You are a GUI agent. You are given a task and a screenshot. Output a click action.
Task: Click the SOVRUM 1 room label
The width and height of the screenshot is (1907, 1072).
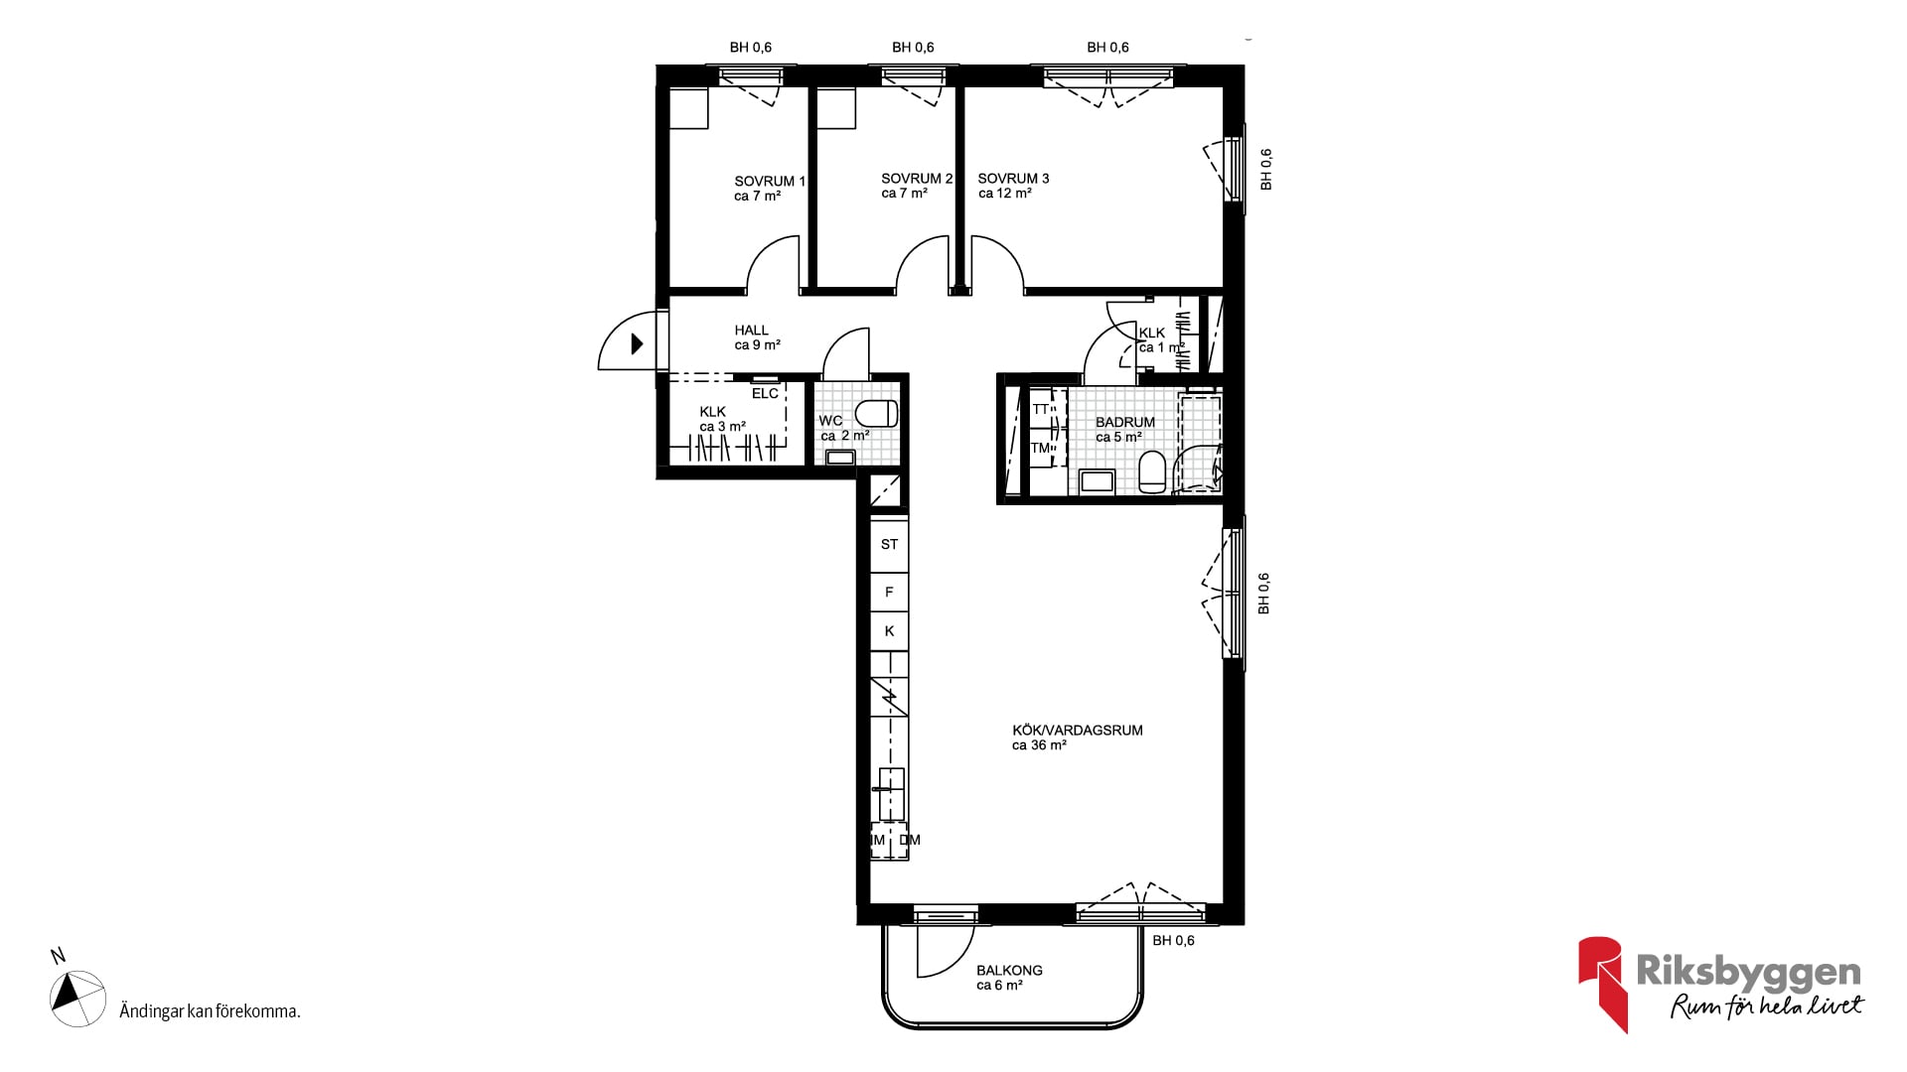pyautogui.click(x=770, y=182)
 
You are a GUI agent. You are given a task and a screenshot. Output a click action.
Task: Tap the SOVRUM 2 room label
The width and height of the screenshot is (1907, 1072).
pyautogui.click(x=917, y=179)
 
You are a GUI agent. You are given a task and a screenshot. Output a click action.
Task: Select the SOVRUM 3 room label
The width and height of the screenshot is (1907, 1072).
pyautogui.click(x=1013, y=179)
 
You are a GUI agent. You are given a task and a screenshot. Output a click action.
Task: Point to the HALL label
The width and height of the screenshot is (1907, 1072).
pyautogui.click(x=752, y=331)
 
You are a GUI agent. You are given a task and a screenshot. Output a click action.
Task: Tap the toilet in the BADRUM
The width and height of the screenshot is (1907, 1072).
pyautogui.click(x=1152, y=471)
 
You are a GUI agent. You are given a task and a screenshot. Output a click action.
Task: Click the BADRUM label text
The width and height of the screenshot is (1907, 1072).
pyautogui.click(x=1125, y=422)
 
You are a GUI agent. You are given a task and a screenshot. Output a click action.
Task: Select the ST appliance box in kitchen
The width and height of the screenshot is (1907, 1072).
pyautogui.click(x=889, y=545)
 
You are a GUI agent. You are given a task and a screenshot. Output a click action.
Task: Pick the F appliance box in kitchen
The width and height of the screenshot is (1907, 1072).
pyautogui.click(x=889, y=593)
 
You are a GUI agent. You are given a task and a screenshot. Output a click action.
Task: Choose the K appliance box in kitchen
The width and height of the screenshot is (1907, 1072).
pyautogui.click(x=889, y=631)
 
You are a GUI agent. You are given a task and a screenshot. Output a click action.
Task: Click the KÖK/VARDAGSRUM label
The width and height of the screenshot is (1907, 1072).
pyautogui.click(x=1078, y=731)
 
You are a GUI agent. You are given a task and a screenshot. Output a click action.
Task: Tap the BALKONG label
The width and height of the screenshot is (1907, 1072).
pyautogui.click(x=1009, y=971)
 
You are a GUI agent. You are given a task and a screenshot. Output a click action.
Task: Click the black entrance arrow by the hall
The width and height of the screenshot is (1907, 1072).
pyautogui.click(x=637, y=344)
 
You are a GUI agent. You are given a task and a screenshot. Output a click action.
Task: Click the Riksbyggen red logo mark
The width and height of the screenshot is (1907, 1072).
pyautogui.click(x=1601, y=984)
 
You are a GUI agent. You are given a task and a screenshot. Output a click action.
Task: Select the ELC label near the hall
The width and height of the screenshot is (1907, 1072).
pyautogui.click(x=765, y=394)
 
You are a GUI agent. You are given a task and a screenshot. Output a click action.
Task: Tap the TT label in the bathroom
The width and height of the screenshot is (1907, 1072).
pyautogui.click(x=1040, y=409)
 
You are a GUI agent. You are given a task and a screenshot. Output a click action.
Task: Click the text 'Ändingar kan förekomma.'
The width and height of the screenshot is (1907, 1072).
pyautogui.click(x=210, y=1011)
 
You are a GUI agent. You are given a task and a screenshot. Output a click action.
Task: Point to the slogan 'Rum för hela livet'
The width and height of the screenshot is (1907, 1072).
pyautogui.click(x=1767, y=1006)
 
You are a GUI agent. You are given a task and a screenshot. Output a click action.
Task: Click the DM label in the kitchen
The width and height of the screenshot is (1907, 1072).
pyautogui.click(x=910, y=840)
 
